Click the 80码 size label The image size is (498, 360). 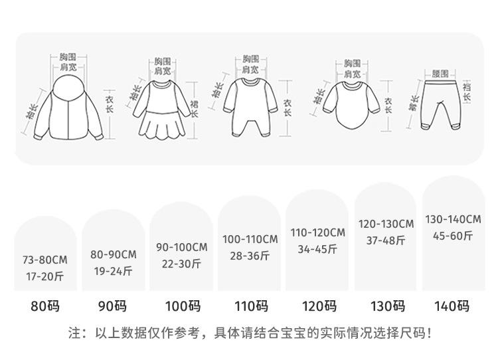click(45, 307)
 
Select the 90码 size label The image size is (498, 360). click(113, 307)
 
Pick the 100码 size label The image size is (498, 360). click(181, 307)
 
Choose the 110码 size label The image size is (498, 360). click(250, 307)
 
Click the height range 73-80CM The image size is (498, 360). click(45, 260)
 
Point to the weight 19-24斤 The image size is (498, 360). click(113, 271)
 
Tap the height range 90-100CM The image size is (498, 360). click(181, 247)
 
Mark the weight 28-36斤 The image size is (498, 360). click(250, 256)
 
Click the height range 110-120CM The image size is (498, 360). click(317, 232)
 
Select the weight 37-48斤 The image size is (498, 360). click(386, 240)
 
